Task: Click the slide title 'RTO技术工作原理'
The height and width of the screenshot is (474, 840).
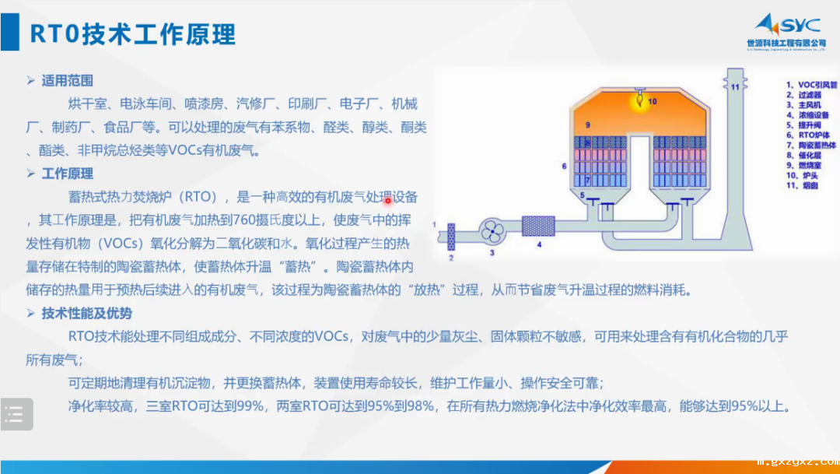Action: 132,33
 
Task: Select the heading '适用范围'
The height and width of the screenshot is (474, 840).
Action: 68,80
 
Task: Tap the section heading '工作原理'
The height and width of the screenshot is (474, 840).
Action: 68,174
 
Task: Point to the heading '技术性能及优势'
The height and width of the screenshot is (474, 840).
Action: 86,314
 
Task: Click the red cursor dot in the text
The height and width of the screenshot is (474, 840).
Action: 387,200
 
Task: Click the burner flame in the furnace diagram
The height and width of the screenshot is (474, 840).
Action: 637,100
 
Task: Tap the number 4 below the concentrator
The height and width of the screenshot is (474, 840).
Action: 538,244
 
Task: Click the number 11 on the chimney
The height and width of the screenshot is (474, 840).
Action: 733,86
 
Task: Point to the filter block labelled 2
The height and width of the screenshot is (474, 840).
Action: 450,234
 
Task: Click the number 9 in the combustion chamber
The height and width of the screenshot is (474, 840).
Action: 588,125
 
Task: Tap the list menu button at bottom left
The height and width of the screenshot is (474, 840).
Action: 16,415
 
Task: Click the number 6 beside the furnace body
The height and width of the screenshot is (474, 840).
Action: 563,166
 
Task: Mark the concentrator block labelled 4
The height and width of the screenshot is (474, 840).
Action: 538,226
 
